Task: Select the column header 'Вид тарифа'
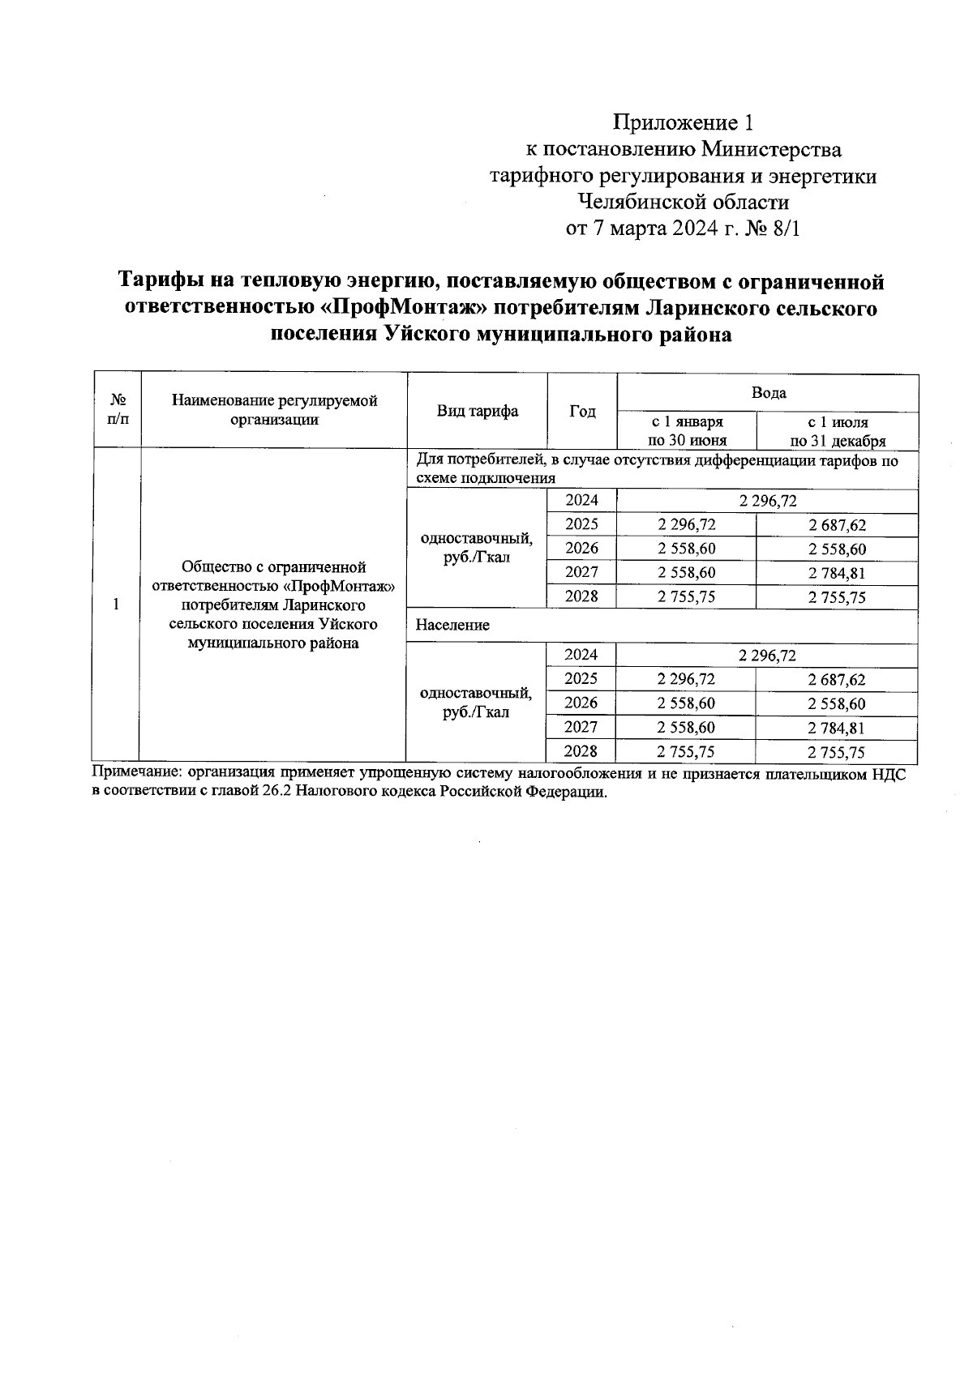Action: click(478, 411)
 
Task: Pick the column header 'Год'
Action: click(582, 411)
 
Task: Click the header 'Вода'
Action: click(768, 393)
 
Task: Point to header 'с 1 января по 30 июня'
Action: click(686, 431)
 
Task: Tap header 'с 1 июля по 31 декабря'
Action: click(838, 431)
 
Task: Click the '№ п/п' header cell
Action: click(118, 410)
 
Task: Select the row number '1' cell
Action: click(118, 604)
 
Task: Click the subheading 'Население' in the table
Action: click(452, 626)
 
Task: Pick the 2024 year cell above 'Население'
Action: click(581, 501)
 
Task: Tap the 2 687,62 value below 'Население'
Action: click(838, 680)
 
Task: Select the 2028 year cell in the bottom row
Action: click(581, 751)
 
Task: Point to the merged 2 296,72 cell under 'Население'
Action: click(767, 655)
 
